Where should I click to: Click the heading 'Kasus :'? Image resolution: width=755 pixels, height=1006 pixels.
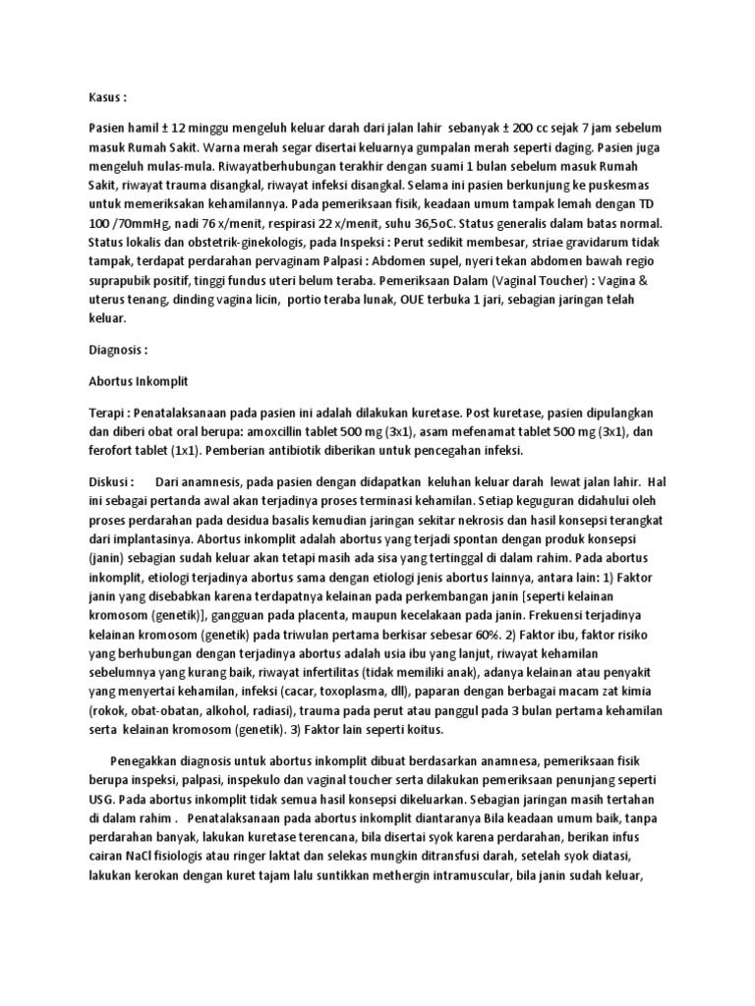pos(107,99)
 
